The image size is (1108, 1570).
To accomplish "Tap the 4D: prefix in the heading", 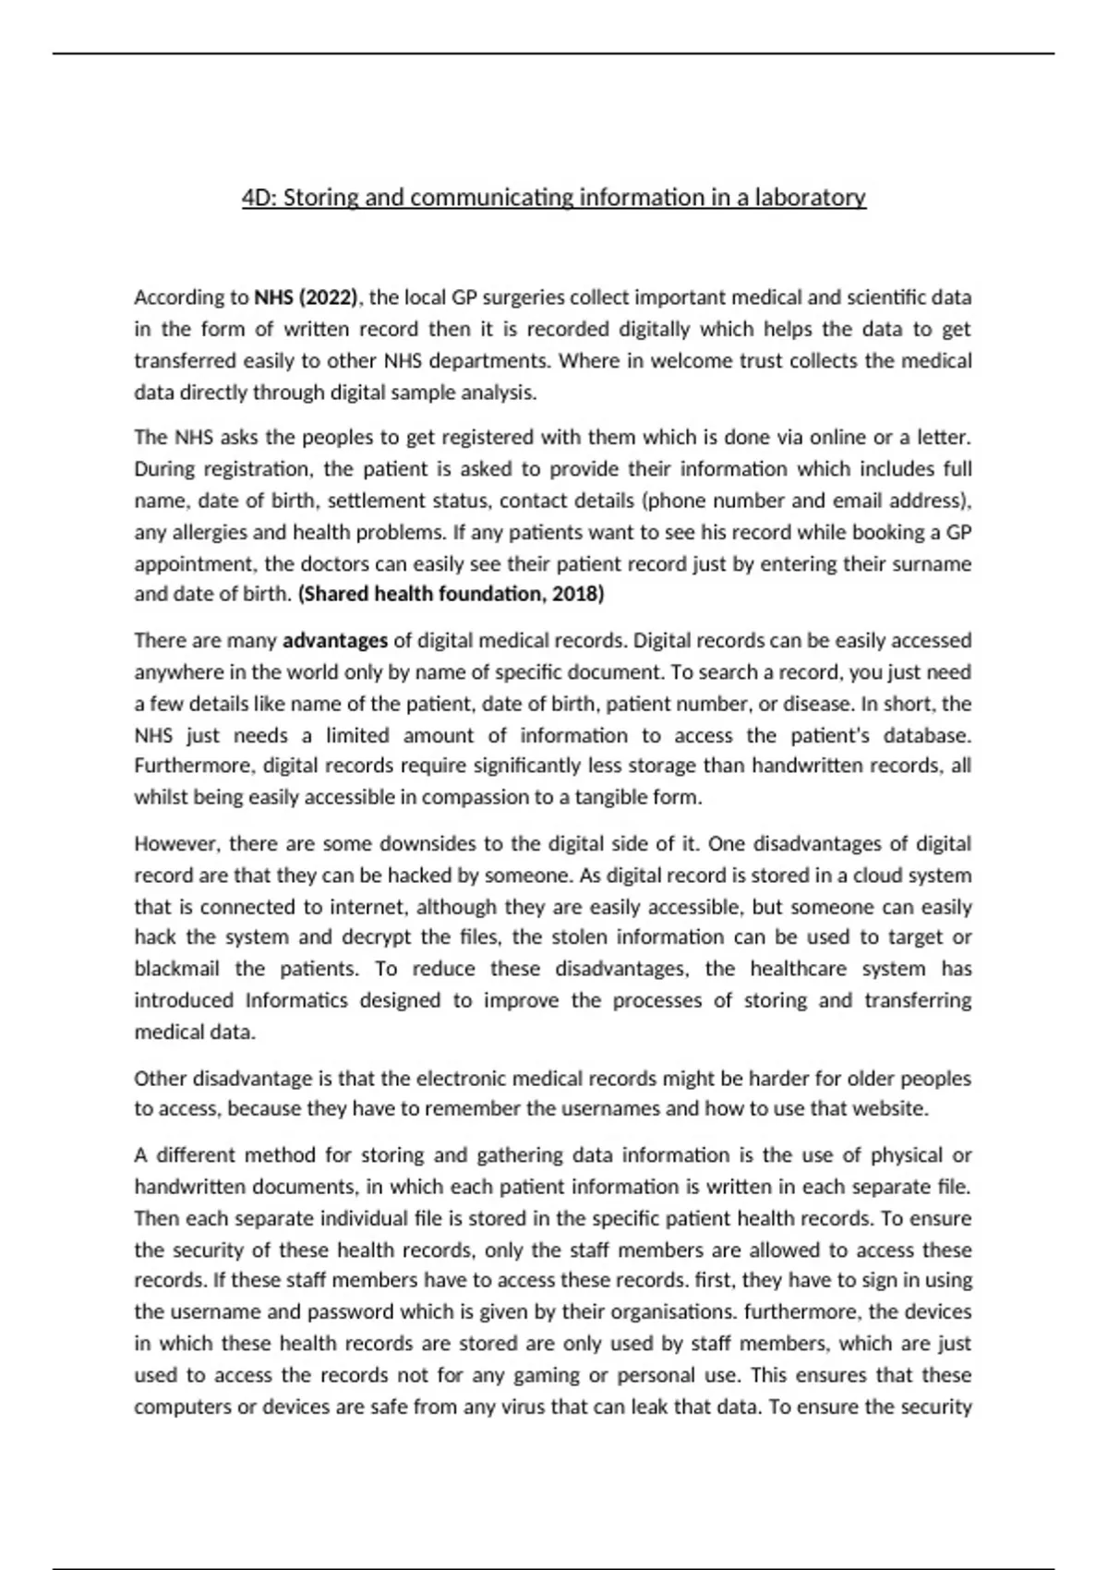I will (x=259, y=198).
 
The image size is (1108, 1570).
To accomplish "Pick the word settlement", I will (x=372, y=501).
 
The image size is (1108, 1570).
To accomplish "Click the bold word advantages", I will (x=335, y=640).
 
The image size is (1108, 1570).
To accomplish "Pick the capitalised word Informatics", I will (x=296, y=1000).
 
